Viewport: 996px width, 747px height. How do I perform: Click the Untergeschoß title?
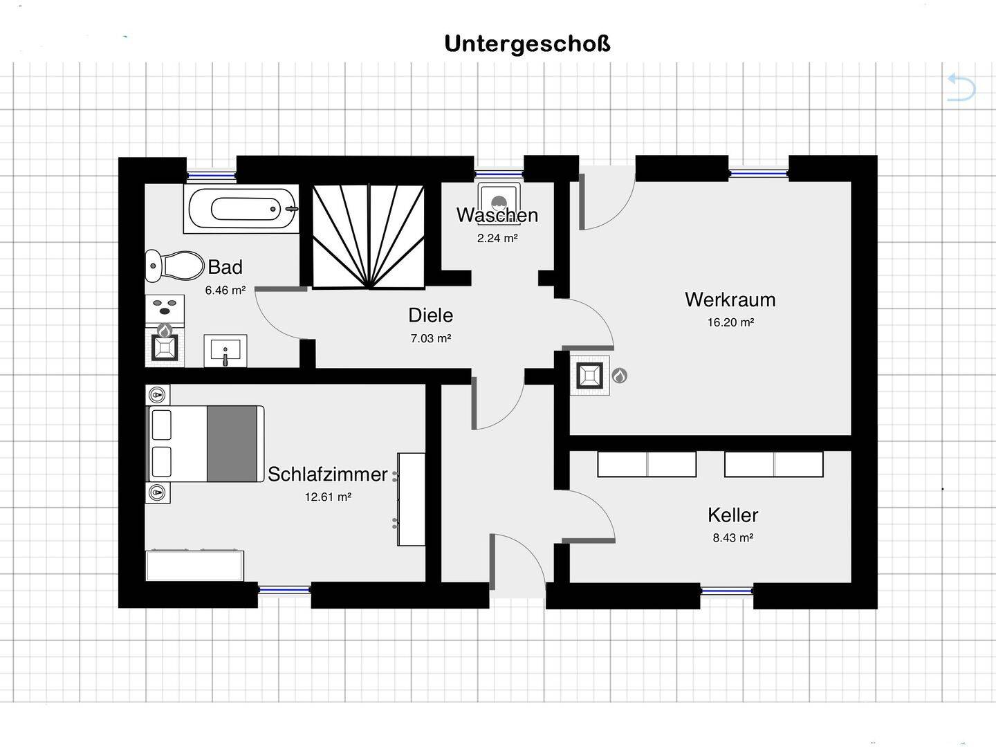[x=527, y=44]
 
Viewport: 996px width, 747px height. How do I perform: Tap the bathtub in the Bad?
[x=241, y=208]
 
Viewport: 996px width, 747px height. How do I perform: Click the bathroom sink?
[x=225, y=350]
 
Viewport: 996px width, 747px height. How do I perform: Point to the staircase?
[x=369, y=236]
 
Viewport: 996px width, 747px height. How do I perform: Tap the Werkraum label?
[x=730, y=299]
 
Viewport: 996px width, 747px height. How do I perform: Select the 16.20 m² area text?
[x=730, y=322]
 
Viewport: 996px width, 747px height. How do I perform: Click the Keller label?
[x=732, y=515]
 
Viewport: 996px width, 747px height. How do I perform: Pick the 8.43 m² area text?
[x=732, y=537]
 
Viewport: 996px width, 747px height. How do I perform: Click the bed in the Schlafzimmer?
[x=207, y=443]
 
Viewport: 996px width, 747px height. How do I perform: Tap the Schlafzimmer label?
[x=327, y=474]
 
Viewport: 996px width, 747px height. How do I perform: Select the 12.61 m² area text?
[x=328, y=497]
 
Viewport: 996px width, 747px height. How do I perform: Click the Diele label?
[x=430, y=315]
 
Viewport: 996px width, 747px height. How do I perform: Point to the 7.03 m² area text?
[x=430, y=339]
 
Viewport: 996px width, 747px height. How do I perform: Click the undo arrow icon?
[x=961, y=88]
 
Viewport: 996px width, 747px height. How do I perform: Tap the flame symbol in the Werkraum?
[x=620, y=376]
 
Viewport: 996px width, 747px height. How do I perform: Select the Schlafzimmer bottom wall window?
[x=284, y=590]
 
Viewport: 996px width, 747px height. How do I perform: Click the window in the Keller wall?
[x=726, y=591]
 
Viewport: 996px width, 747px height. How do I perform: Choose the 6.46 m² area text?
[x=225, y=290]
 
